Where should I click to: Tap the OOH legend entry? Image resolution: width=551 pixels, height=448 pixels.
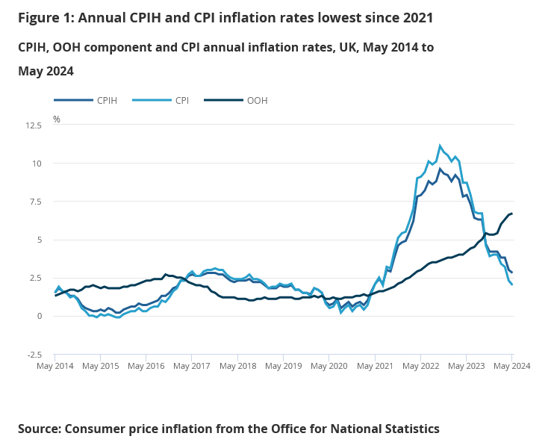tap(256, 100)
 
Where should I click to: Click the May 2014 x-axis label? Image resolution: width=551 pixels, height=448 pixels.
tap(56, 366)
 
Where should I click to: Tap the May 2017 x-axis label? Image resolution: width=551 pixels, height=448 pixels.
tap(192, 366)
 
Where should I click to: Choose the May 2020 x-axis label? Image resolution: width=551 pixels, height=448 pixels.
tap(329, 366)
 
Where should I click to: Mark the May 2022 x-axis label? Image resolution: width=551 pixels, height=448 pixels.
tap(420, 366)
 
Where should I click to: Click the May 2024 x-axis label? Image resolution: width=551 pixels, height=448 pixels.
tap(511, 366)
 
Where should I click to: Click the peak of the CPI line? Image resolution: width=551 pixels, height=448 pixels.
tap(440, 146)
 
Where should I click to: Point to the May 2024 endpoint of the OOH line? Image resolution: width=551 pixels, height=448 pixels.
tap(511, 214)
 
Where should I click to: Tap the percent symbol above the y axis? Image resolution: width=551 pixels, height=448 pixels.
tap(57, 119)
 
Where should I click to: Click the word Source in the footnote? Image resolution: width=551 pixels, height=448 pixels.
tap(39, 429)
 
